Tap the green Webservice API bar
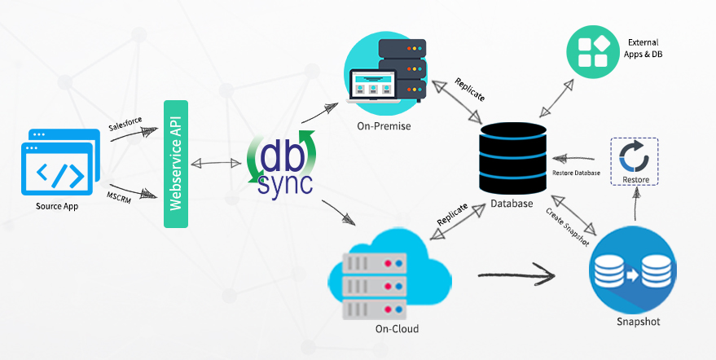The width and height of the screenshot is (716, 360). point(176,165)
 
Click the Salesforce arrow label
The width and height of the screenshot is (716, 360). point(125,121)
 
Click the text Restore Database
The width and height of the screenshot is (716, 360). point(576,173)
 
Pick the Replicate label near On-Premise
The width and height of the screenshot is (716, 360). point(470,90)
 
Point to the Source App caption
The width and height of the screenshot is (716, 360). point(56,205)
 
